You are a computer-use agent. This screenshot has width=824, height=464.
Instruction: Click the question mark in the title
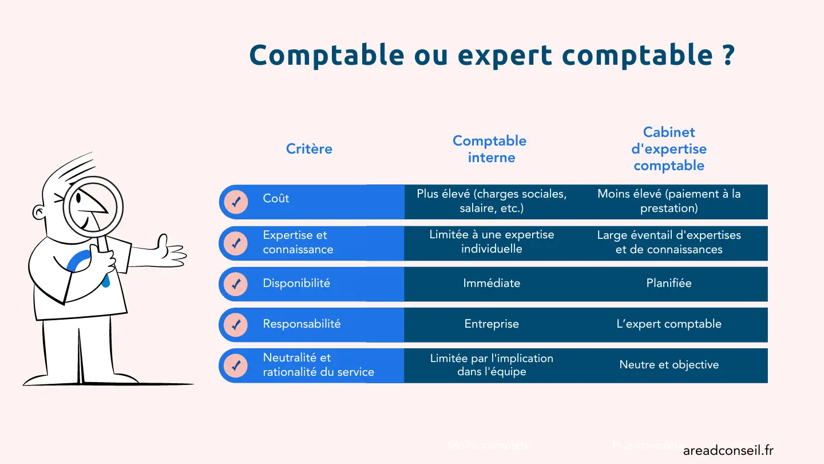[727, 56]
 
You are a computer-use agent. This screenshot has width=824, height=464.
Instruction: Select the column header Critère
[309, 149]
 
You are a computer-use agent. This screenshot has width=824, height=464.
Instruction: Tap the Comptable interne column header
[490, 149]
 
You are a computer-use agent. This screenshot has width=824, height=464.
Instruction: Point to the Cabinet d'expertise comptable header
[669, 149]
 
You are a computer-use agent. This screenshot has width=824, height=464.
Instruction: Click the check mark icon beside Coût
[236, 202]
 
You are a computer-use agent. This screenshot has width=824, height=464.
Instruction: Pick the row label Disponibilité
[296, 283]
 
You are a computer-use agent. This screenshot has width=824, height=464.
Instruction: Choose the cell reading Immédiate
[492, 283]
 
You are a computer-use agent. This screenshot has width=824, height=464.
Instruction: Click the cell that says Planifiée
[669, 283]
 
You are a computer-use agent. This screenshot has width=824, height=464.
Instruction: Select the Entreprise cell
[492, 324]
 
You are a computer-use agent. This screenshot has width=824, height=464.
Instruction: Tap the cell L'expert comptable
[669, 324]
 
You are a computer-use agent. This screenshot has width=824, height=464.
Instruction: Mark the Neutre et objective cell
[669, 364]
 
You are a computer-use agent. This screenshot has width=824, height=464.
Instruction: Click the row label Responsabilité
[302, 324]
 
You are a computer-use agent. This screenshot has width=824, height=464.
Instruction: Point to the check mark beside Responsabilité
[236, 325]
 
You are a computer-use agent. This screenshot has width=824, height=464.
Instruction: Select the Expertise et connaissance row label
[298, 242]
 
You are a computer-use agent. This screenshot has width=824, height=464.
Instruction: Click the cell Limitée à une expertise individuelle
[492, 242]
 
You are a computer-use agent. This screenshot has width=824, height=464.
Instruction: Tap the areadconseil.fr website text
[728, 450]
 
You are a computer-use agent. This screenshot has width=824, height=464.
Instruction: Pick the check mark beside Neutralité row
[236, 365]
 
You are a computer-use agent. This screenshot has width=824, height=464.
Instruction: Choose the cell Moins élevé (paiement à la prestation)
[669, 201]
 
